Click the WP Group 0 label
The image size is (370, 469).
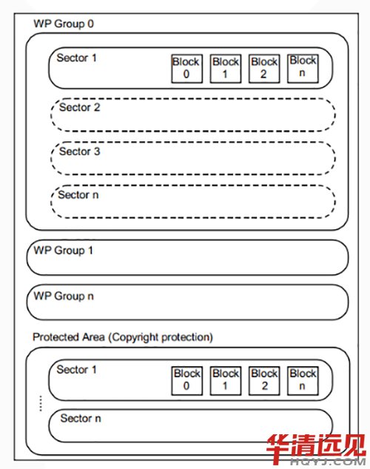(64, 24)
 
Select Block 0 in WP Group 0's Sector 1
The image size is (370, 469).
(186, 69)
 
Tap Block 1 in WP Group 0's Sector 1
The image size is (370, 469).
(226, 69)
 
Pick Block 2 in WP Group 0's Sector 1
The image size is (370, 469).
(264, 69)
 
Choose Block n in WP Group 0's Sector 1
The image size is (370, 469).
(303, 69)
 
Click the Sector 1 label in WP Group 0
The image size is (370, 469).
(76, 58)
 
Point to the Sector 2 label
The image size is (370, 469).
(80, 107)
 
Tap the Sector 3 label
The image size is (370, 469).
(80, 152)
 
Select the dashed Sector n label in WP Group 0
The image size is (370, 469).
(78, 195)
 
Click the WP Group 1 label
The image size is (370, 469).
(63, 251)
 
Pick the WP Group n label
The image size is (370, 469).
(64, 297)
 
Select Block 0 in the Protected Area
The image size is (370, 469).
(186, 381)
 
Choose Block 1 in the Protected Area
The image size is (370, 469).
(226, 381)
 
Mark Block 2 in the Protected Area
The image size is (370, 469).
(264, 381)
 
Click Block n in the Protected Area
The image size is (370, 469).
(303, 381)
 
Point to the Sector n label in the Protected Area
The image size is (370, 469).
(81, 418)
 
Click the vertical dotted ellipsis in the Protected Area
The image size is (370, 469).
(41, 403)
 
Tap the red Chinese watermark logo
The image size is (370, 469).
(316, 450)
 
